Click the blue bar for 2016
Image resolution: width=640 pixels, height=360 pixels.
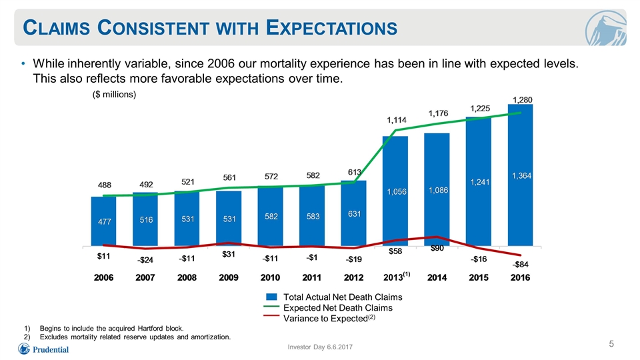pos(520,175)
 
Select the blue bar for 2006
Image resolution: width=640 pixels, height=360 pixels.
pos(103,221)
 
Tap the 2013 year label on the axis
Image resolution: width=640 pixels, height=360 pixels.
pos(396,277)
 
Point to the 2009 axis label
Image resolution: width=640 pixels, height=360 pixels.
pos(229,277)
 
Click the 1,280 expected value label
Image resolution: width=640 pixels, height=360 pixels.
pos(523,100)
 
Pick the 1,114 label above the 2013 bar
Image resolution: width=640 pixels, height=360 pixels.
pos(397,120)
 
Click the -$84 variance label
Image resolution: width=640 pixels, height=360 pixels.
pos(521,265)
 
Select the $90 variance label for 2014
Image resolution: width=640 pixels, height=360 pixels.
pos(437,248)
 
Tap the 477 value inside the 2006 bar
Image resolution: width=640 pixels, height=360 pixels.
pos(105,221)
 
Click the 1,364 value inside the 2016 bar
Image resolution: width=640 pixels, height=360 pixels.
pos(521,176)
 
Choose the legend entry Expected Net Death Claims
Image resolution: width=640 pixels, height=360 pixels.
pos(338,308)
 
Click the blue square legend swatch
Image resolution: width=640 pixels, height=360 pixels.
pos(271,297)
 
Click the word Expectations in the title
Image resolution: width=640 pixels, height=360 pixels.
pos(331,28)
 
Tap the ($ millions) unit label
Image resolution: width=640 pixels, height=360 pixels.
pos(114,95)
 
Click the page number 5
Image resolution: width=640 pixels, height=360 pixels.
pos(611,344)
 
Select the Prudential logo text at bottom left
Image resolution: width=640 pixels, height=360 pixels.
pos(51,350)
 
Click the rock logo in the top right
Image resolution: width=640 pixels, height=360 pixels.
pos(606,28)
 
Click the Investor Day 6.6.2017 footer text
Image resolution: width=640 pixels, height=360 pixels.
pos(320,347)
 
